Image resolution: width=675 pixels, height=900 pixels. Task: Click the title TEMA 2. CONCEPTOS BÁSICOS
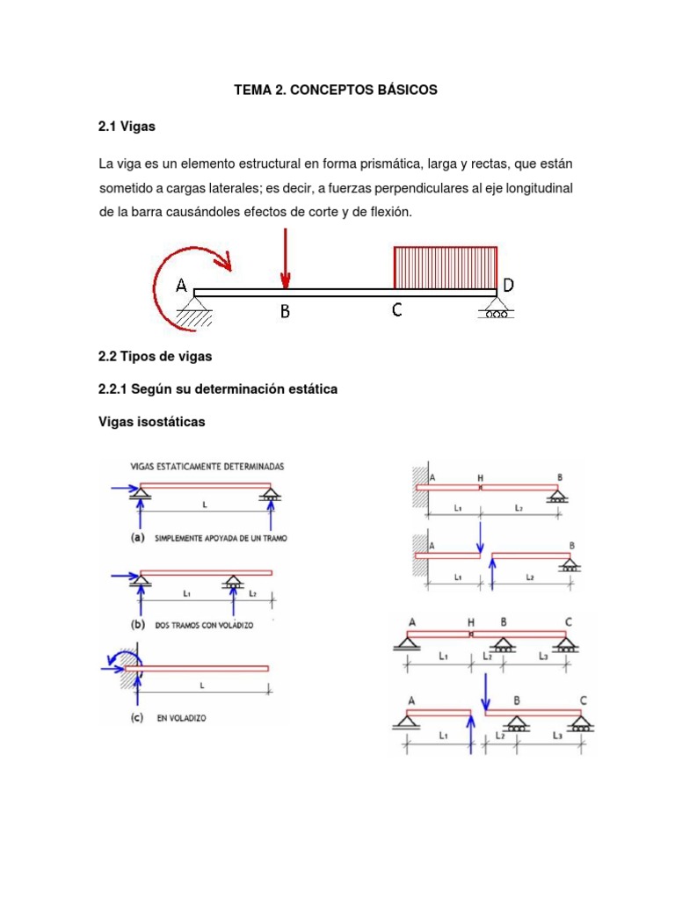335,91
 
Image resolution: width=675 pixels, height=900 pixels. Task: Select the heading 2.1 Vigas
127,127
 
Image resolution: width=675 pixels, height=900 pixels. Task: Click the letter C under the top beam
397,310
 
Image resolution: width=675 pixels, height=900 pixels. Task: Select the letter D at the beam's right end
508,284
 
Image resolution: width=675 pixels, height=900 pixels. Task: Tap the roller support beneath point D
496,309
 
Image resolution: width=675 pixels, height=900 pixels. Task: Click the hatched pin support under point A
194,310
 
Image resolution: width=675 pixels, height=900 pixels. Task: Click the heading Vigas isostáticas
152,422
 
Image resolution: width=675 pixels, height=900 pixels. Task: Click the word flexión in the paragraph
388,213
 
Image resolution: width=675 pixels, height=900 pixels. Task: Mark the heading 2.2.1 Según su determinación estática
218,388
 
